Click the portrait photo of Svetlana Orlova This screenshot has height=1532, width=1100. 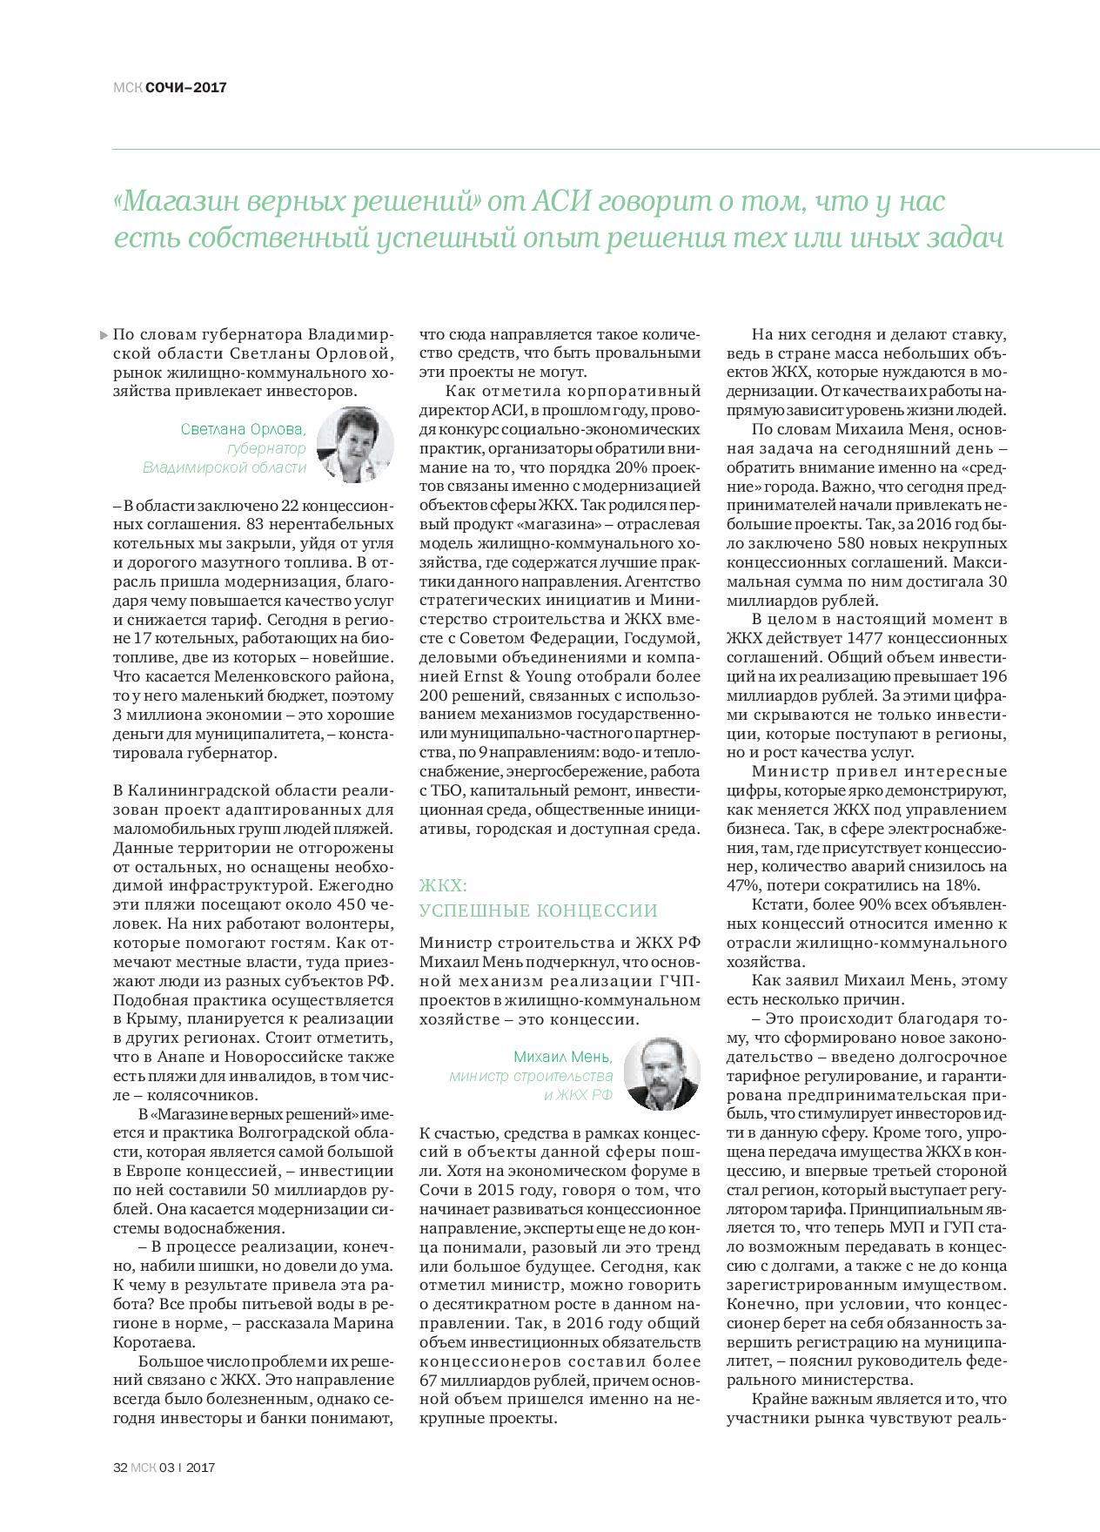(354, 444)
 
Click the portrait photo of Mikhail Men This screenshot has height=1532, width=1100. (662, 1072)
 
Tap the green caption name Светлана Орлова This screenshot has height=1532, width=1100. (244, 429)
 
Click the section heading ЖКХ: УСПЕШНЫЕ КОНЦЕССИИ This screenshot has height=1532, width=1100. (538, 898)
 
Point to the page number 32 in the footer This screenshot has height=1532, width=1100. (121, 1467)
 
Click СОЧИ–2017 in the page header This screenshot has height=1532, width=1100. (186, 87)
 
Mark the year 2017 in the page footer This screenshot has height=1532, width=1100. (199, 1467)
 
